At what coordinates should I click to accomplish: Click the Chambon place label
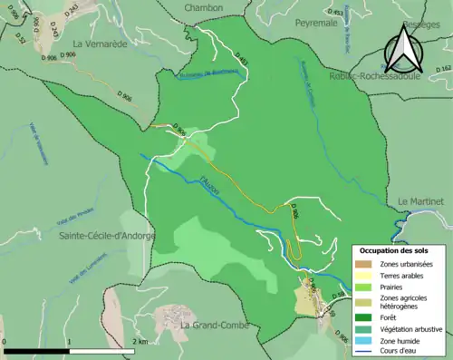coord(204,7)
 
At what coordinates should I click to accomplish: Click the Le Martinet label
coord(420,200)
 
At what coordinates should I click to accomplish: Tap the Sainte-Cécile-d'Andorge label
coord(107,236)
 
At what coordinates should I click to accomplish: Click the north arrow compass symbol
coord(402,49)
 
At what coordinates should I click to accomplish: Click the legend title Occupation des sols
coord(400,249)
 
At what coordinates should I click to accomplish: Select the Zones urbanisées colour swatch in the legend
coord(364,263)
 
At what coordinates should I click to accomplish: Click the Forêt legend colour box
coord(364,317)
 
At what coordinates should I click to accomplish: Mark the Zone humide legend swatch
coord(364,339)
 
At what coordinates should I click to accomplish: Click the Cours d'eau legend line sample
coord(364,350)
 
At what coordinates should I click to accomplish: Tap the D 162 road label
coord(443,68)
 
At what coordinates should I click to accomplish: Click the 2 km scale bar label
coord(141,342)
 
